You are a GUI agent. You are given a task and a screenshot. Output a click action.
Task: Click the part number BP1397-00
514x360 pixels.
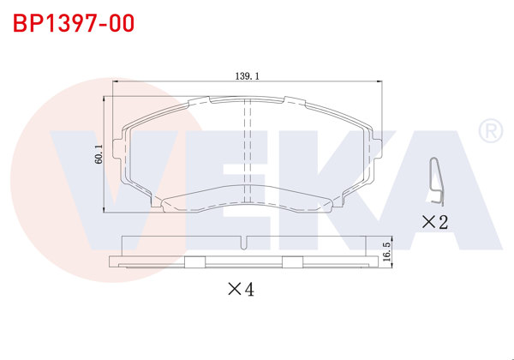tap(73, 23)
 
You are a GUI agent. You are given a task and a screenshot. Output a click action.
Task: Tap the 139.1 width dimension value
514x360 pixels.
tap(246, 75)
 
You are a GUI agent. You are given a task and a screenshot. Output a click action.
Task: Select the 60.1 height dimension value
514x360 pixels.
tap(99, 153)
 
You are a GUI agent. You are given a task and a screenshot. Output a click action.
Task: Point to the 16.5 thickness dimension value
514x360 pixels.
tap(386, 251)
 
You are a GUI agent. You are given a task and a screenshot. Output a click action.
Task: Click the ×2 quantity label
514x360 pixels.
tap(435, 223)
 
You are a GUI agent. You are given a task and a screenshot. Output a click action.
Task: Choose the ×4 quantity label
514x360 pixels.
tap(241, 290)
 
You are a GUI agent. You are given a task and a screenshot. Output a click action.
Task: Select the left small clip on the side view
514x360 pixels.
tap(194, 263)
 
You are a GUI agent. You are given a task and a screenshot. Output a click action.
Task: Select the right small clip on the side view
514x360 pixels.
tap(294, 263)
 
